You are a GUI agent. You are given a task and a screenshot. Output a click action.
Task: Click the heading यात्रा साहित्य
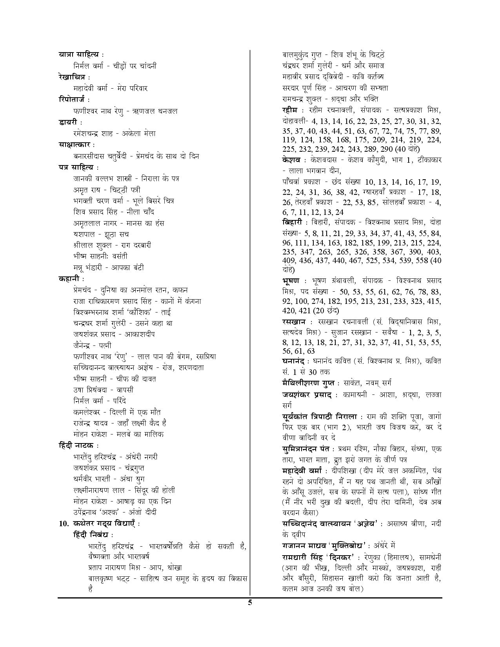click(x=78, y=55)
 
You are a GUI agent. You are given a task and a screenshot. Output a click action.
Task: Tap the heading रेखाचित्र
click(x=72, y=77)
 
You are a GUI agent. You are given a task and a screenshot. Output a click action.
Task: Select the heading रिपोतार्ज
click(x=72, y=100)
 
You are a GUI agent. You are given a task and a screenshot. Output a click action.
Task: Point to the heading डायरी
click(x=67, y=122)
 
